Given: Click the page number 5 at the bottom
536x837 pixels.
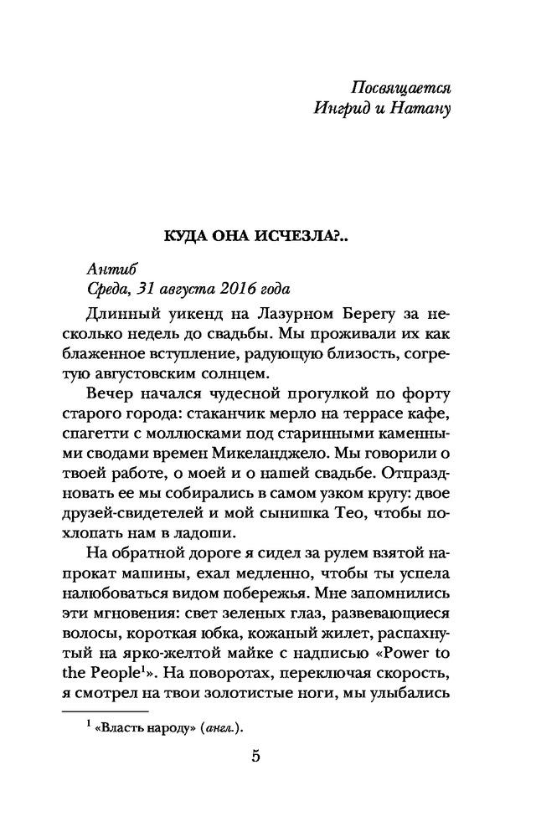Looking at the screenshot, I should (256, 758).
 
